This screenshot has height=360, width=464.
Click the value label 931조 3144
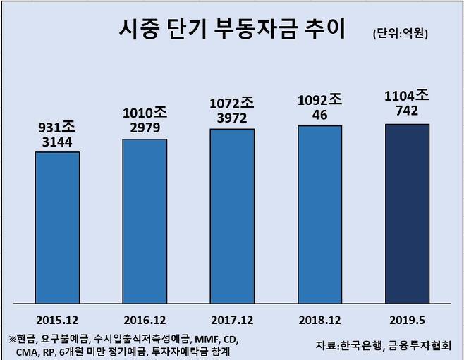click(58, 134)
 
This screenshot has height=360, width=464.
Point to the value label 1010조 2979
click(145, 120)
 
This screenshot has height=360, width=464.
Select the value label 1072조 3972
click(232, 111)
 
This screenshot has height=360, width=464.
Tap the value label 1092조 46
click(319, 106)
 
